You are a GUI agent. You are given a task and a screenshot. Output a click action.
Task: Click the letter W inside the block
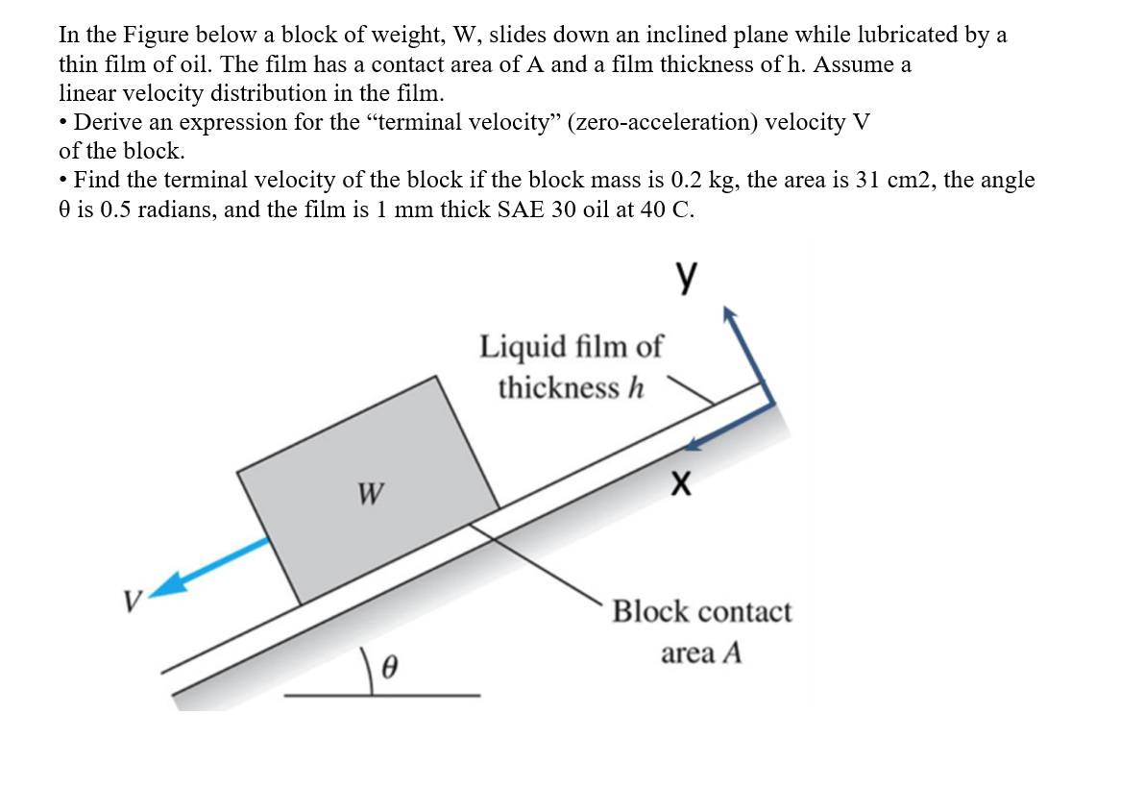[368, 494]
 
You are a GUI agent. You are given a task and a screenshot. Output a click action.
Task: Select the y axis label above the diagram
[685, 276]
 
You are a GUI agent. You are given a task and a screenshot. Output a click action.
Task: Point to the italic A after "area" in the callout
[733, 654]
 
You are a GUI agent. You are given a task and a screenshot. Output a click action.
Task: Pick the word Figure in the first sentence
[158, 36]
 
